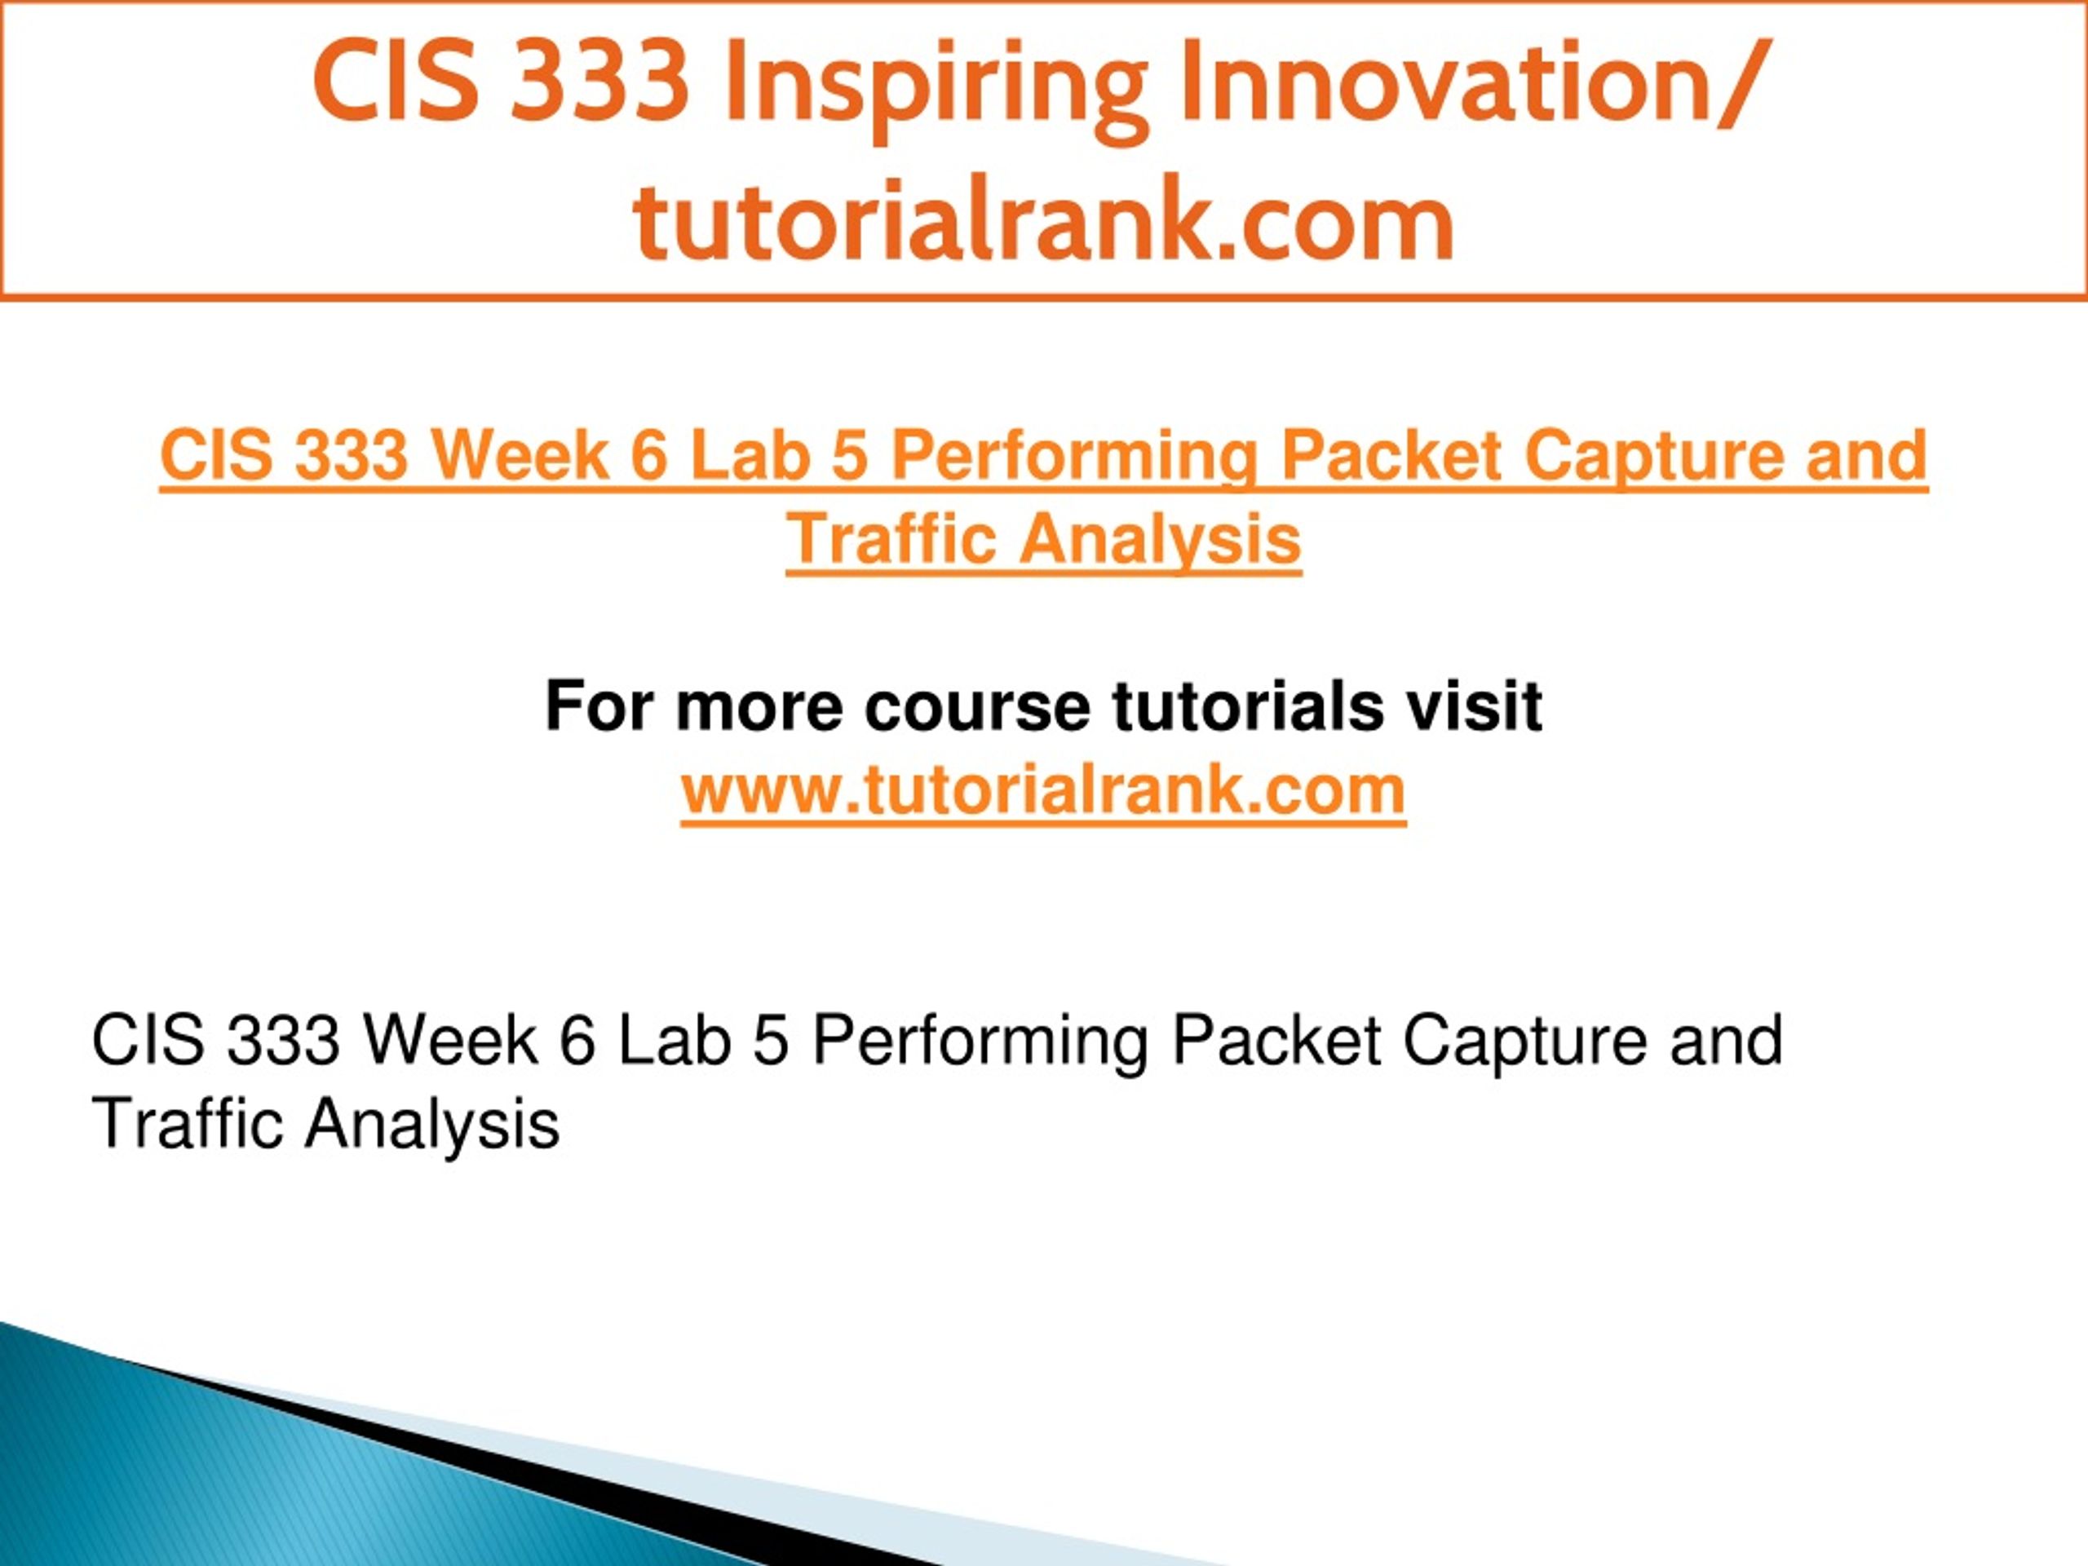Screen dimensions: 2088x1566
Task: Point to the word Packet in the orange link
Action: [x=1391, y=455]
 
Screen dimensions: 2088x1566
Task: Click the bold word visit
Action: [x=1474, y=706]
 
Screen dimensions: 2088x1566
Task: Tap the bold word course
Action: [x=977, y=710]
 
